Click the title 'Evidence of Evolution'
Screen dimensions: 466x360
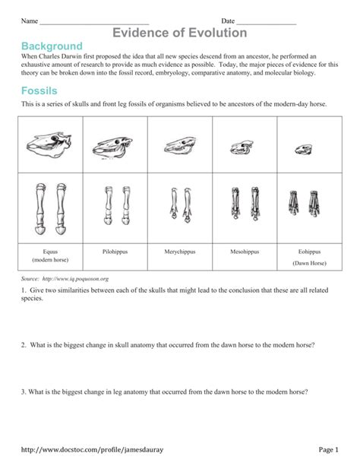point(180,33)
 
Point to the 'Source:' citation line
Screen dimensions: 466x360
point(65,279)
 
